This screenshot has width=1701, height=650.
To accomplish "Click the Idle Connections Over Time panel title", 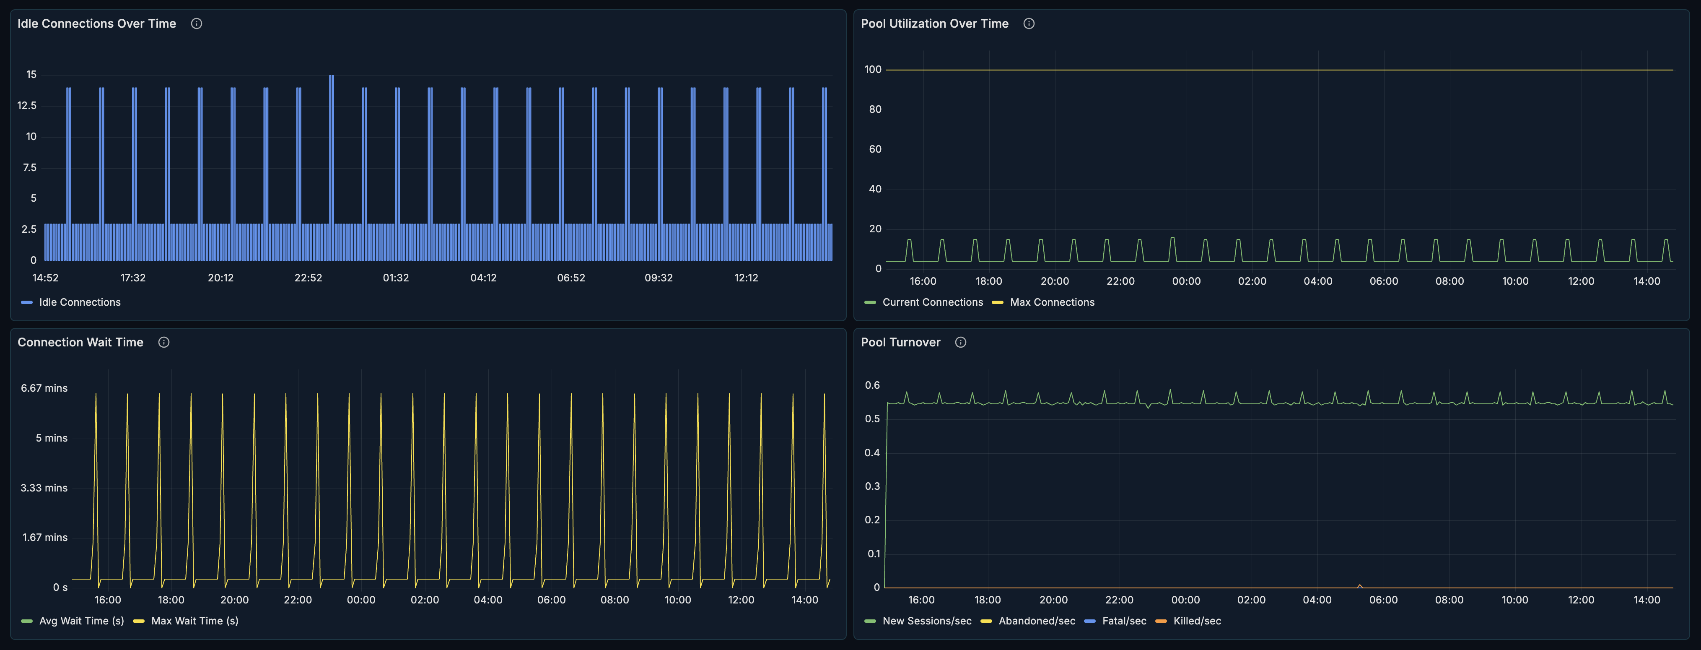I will tap(96, 24).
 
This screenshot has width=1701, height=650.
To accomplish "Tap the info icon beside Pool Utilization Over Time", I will tap(1029, 24).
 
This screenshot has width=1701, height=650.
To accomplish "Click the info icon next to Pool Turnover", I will tap(961, 342).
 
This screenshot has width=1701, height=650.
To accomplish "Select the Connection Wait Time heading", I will tap(80, 342).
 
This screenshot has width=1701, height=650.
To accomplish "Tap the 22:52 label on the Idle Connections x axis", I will tap(309, 278).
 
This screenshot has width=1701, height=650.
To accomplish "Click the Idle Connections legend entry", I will tap(79, 302).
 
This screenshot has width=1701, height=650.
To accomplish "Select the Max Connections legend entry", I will tap(1051, 302).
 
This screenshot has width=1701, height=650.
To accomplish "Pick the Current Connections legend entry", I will tap(932, 302).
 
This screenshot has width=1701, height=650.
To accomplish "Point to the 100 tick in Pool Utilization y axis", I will tap(873, 69).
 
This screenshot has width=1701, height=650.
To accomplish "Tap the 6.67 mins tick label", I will tap(44, 388).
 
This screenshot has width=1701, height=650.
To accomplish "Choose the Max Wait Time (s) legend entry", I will tap(194, 621).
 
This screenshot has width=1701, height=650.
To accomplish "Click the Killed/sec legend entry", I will tap(1196, 621).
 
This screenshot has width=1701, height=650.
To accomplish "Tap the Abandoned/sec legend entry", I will tap(1036, 621).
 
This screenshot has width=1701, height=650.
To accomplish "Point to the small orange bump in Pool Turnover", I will tap(1360, 585).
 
